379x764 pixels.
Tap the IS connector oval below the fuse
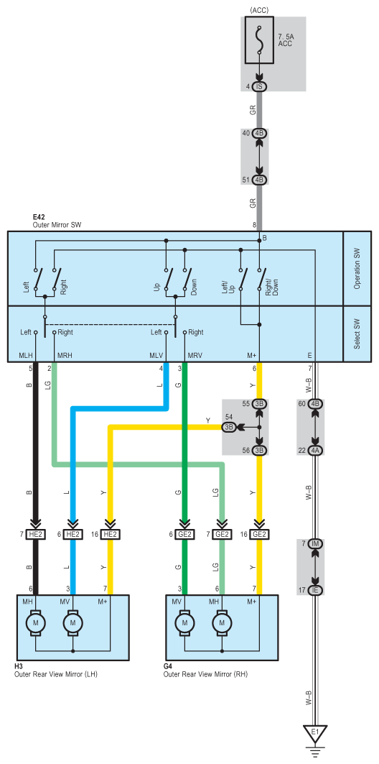coord(259,87)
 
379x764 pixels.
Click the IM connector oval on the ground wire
coord(315,543)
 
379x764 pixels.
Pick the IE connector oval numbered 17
coord(315,590)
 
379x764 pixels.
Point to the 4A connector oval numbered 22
coord(315,451)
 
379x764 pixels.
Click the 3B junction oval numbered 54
coord(230,428)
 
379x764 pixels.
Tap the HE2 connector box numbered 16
coord(111,535)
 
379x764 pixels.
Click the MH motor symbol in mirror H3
coord(35,622)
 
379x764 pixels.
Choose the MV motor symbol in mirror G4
coord(184,622)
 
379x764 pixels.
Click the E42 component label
coord(39,218)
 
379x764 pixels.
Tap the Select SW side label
coord(357,333)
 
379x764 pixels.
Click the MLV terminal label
coord(156,355)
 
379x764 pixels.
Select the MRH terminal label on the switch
coord(65,355)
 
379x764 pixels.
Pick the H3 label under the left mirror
coord(19,666)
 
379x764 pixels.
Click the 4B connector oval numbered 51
coord(259,180)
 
